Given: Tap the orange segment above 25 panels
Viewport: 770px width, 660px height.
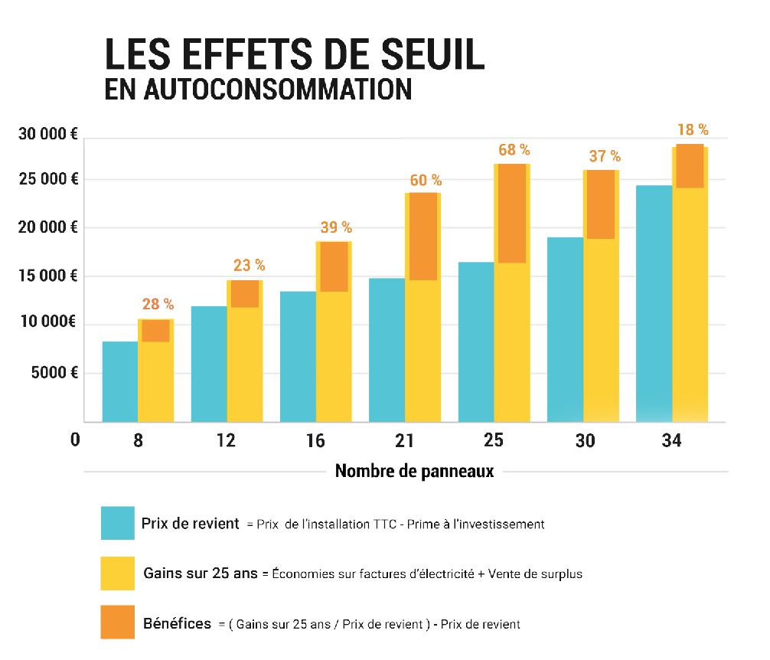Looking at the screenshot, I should [511, 214].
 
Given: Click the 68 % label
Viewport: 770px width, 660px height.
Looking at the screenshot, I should [514, 150].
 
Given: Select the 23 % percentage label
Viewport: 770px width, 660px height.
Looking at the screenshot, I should [249, 266].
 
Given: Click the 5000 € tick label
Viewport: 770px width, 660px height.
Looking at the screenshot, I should [53, 374].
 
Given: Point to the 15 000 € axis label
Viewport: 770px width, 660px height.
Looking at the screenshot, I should [48, 276].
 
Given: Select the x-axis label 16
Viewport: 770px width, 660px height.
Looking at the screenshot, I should [316, 442].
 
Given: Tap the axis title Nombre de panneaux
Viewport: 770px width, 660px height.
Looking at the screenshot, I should [414, 471].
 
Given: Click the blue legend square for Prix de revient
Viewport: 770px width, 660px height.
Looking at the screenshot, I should [117, 524].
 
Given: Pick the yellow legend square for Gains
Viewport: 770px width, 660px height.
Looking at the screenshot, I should [117, 573].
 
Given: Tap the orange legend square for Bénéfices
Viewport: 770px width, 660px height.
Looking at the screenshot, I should [117, 622].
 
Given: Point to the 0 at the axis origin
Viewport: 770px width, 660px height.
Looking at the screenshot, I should [74, 441].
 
